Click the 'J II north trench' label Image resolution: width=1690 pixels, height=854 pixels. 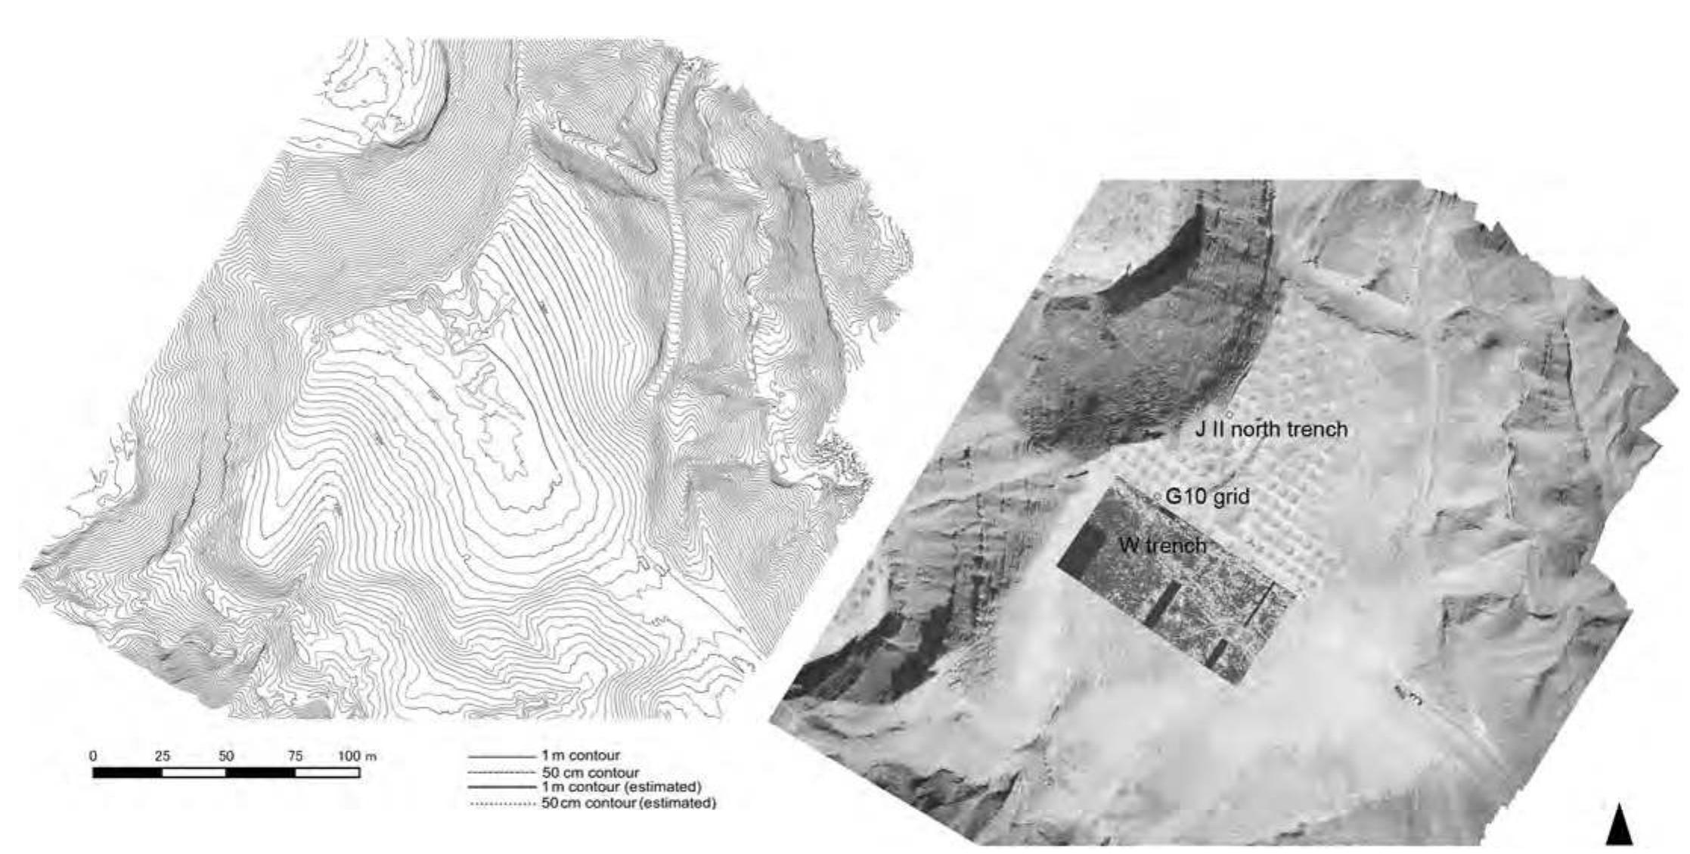pyautogui.click(x=1271, y=430)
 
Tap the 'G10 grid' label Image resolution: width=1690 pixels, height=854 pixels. pyautogui.click(x=1207, y=497)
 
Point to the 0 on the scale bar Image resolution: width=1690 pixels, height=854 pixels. pyautogui.click(x=93, y=756)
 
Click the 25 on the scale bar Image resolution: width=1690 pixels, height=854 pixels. pyautogui.click(x=162, y=756)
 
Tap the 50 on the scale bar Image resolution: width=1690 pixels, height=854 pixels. pyautogui.click(x=226, y=756)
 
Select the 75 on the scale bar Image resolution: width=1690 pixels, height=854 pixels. pyautogui.click(x=295, y=756)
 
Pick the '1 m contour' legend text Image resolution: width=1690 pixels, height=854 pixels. pyautogui.click(x=580, y=756)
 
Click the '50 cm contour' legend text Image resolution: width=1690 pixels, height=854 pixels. pyautogui.click(x=591, y=772)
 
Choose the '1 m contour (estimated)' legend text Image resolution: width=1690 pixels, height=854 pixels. pyautogui.click(x=621, y=787)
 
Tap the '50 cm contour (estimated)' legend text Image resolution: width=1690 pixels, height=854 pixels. pyautogui.click(x=628, y=803)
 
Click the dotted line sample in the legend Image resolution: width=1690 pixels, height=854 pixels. pyautogui.click(x=501, y=804)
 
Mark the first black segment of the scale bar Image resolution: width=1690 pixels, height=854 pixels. pyautogui.click(x=127, y=772)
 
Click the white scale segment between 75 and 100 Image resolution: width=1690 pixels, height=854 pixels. pyautogui.click(x=327, y=772)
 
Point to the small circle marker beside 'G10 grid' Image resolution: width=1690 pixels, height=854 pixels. pyautogui.click(x=1157, y=495)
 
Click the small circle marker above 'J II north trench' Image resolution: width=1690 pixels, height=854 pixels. pyautogui.click(x=1230, y=415)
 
